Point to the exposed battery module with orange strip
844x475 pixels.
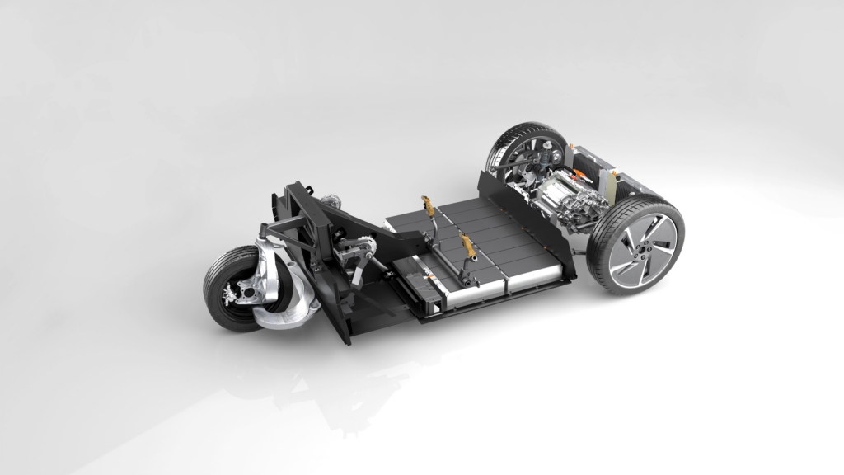(x=429, y=272)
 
